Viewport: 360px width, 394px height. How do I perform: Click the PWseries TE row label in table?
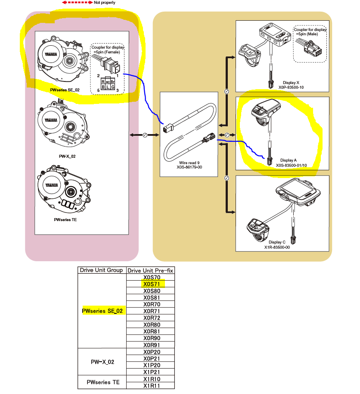click(103, 382)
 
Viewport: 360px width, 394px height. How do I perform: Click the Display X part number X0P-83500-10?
click(291, 87)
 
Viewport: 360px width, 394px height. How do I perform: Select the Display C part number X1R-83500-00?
click(277, 247)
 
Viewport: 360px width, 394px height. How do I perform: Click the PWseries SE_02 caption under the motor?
click(65, 90)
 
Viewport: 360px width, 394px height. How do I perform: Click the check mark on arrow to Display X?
click(227, 91)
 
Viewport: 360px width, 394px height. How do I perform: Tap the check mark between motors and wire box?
click(145, 135)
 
